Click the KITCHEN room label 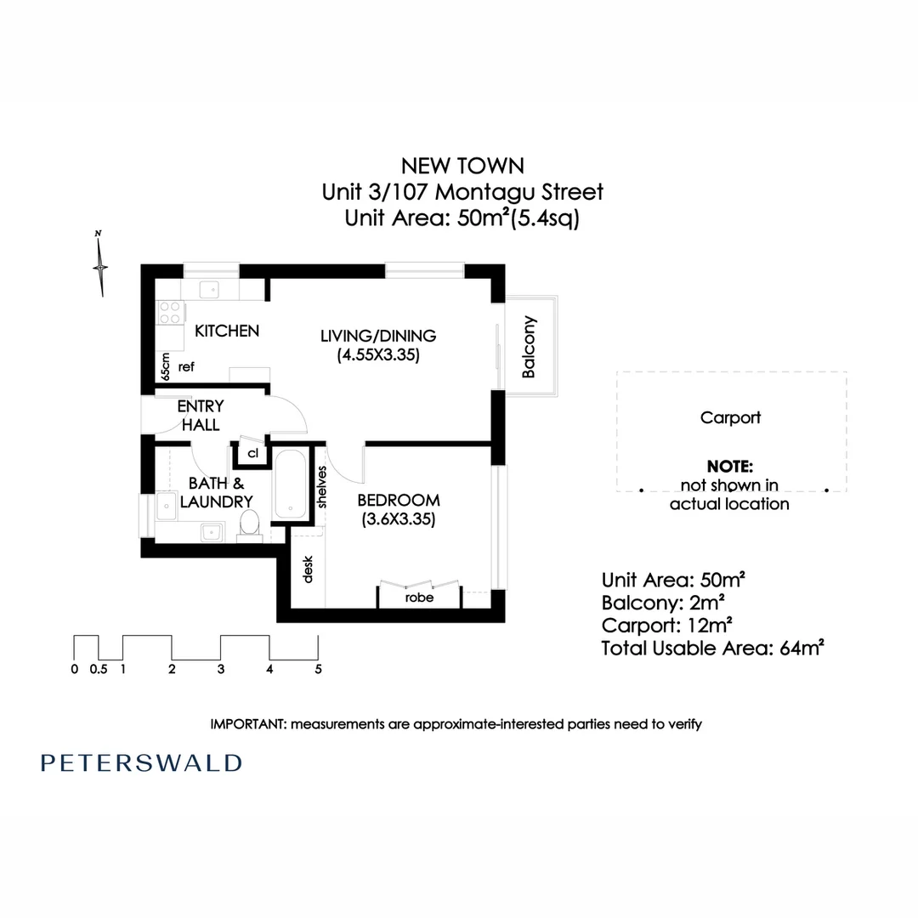point(227,331)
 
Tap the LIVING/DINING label point(377,336)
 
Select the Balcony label point(529,347)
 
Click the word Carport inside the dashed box point(730,417)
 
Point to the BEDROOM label point(398,499)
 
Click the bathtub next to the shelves point(292,486)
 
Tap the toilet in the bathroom point(249,524)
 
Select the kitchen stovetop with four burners point(170,313)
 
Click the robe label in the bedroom point(419,598)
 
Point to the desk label point(308,569)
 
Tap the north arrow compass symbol point(100,265)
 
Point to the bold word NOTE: point(729,467)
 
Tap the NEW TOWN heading point(462,165)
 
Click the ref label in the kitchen point(187,367)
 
